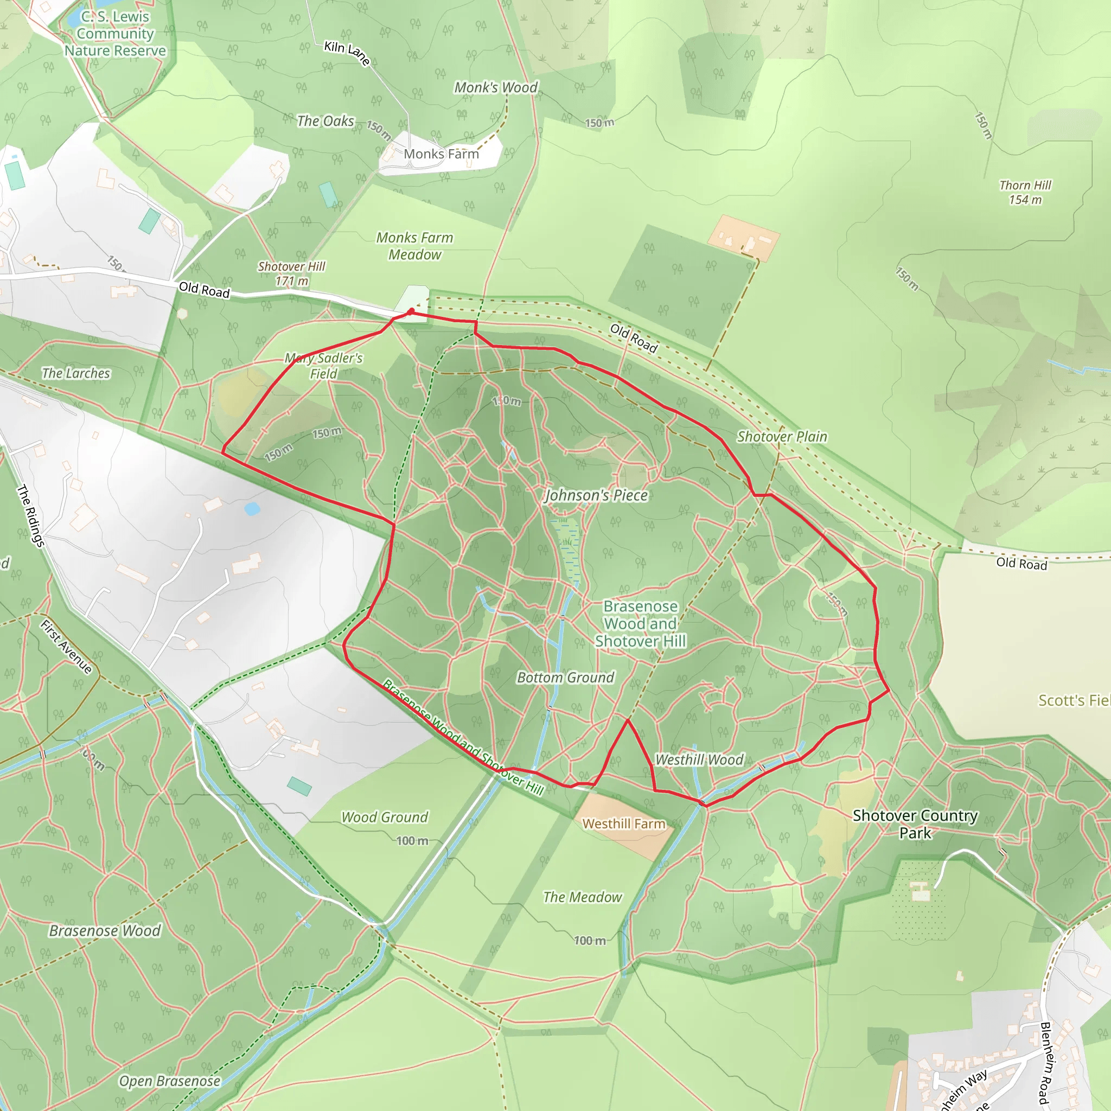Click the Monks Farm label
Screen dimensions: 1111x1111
(x=441, y=154)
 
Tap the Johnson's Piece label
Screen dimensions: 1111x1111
(x=596, y=495)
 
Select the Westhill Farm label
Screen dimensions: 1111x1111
(x=624, y=824)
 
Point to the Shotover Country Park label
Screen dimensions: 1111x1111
(x=915, y=824)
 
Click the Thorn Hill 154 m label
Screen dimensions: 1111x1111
(x=1025, y=193)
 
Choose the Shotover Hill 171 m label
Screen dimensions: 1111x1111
(x=291, y=274)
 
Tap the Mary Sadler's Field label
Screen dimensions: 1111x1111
(x=324, y=366)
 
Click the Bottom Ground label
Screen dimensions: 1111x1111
(x=565, y=678)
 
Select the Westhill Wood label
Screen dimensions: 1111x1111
(x=699, y=759)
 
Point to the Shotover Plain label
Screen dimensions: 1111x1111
(x=782, y=437)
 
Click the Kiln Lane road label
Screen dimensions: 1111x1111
(x=347, y=53)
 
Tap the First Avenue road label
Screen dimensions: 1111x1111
(x=66, y=646)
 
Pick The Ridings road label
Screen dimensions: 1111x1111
(x=30, y=515)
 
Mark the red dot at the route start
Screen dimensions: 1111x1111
(x=411, y=311)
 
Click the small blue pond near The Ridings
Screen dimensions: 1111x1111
(x=252, y=509)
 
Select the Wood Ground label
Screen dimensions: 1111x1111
(x=385, y=817)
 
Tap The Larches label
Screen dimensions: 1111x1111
(x=76, y=373)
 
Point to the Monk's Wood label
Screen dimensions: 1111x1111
(x=496, y=87)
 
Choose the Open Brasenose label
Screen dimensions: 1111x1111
(x=170, y=1081)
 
